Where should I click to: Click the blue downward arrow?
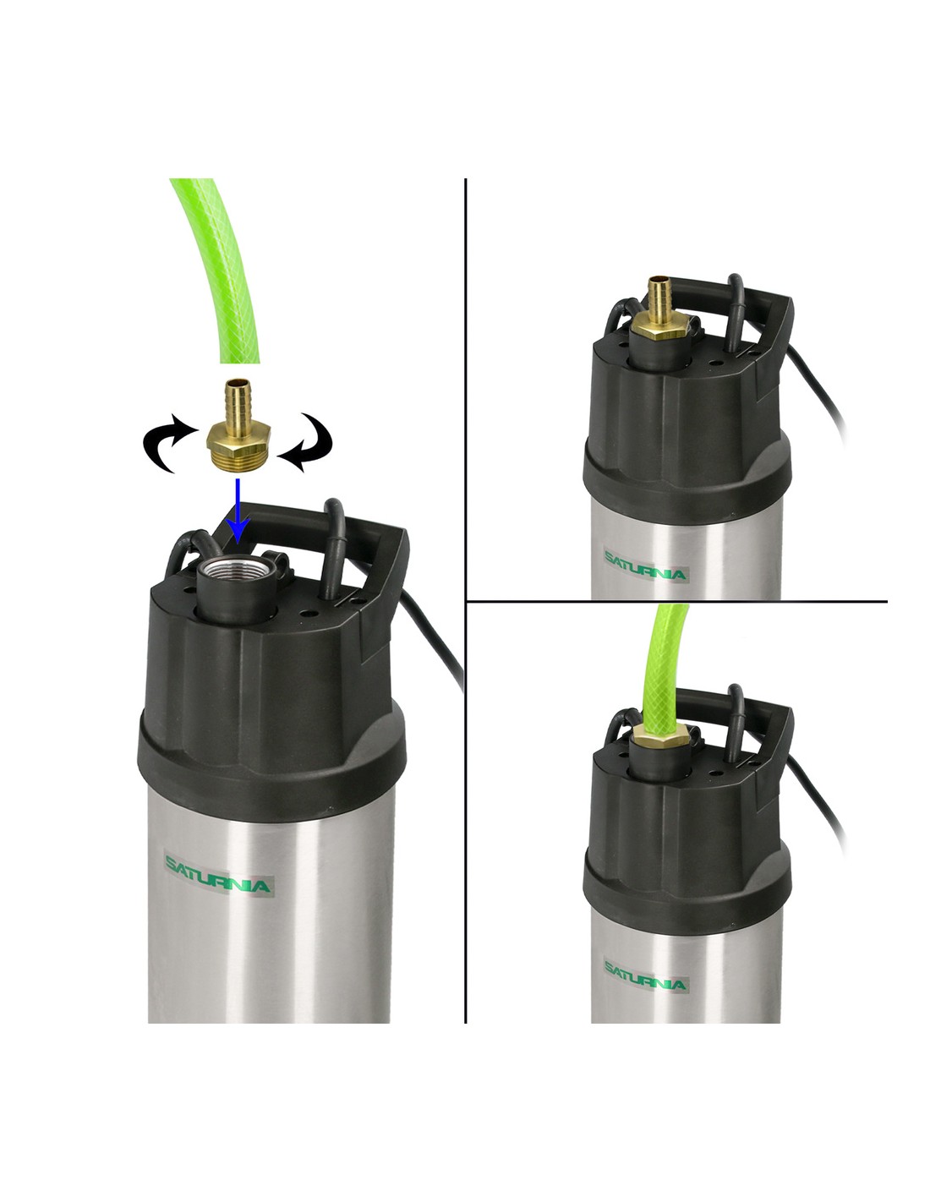(238, 510)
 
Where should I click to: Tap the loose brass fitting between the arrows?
(238, 427)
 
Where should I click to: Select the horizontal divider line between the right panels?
(677, 601)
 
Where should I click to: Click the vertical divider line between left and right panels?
(466, 601)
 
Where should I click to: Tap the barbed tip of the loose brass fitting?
(238, 396)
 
